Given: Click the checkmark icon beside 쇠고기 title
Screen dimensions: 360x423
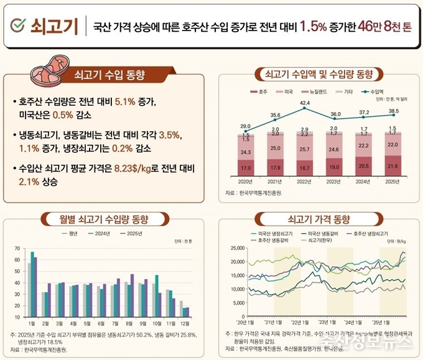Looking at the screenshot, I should coord(19,25).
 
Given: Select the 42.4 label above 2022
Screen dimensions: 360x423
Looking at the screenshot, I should coord(304,103).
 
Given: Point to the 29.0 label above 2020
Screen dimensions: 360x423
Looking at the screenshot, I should coord(246,126).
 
